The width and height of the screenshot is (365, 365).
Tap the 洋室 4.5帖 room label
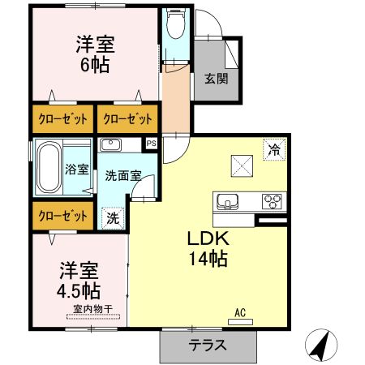tap(79, 280)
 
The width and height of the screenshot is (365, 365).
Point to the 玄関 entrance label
tap(216, 79)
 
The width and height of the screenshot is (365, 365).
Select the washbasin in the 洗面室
tap(111, 145)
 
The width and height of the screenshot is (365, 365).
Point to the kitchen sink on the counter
tap(227, 201)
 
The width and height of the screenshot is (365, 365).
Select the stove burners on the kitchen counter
tap(270, 201)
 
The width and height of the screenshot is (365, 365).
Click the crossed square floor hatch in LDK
tap(243, 167)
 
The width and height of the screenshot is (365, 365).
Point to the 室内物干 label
tap(90, 307)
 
